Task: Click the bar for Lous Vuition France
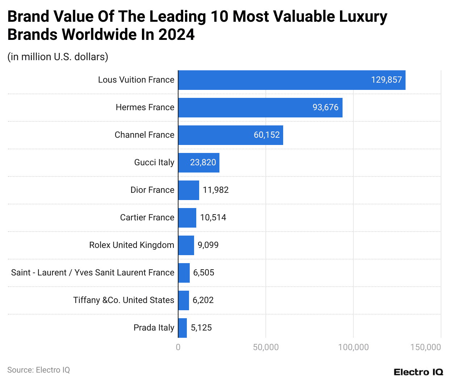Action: coord(291,80)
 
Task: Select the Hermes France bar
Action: coord(260,108)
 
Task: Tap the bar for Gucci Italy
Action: coord(198,163)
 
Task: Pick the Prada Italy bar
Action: coord(182,328)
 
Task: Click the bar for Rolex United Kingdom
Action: coord(186,245)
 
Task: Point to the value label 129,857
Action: coord(386,80)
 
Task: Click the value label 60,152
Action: coord(267,135)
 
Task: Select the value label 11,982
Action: coord(215,190)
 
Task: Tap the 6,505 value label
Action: coord(203,273)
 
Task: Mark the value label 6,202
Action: coord(203,300)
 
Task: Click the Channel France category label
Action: coord(144,135)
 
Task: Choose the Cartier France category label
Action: coord(147,218)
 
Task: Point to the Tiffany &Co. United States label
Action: coord(123,300)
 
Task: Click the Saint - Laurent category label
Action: coord(93,273)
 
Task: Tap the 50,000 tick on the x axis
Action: coord(266,347)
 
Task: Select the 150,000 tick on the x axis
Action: coord(425,347)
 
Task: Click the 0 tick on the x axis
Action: coord(178,347)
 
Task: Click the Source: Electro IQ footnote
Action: coord(38,370)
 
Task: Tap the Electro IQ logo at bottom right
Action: coord(418,372)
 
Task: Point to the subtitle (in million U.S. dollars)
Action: coord(58,57)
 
